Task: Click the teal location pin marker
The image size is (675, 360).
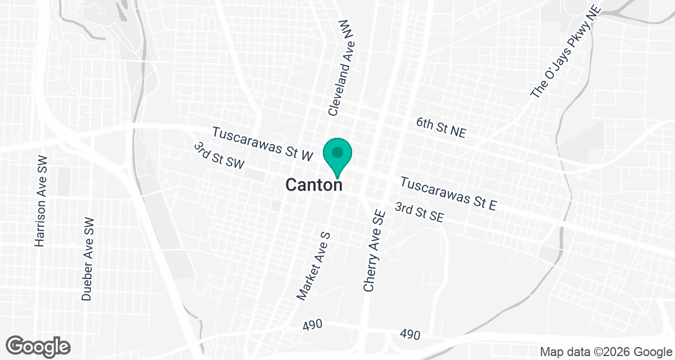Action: pyautogui.click(x=337, y=156)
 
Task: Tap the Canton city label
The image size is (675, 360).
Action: pyautogui.click(x=314, y=184)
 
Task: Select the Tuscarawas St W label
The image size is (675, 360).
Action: pyautogui.click(x=262, y=144)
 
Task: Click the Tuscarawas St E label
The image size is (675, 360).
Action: pyautogui.click(x=449, y=193)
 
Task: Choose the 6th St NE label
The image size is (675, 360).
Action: pyautogui.click(x=442, y=128)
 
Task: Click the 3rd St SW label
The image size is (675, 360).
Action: pyautogui.click(x=219, y=155)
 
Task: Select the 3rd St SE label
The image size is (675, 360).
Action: pyautogui.click(x=420, y=213)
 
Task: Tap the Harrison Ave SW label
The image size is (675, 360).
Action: pyautogui.click(x=40, y=201)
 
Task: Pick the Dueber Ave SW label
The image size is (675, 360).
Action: pyautogui.click(x=87, y=258)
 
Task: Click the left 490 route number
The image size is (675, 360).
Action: pyautogui.click(x=312, y=325)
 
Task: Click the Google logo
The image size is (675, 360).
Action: pyautogui.click(x=38, y=345)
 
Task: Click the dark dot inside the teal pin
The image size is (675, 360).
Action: pyautogui.click(x=337, y=152)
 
